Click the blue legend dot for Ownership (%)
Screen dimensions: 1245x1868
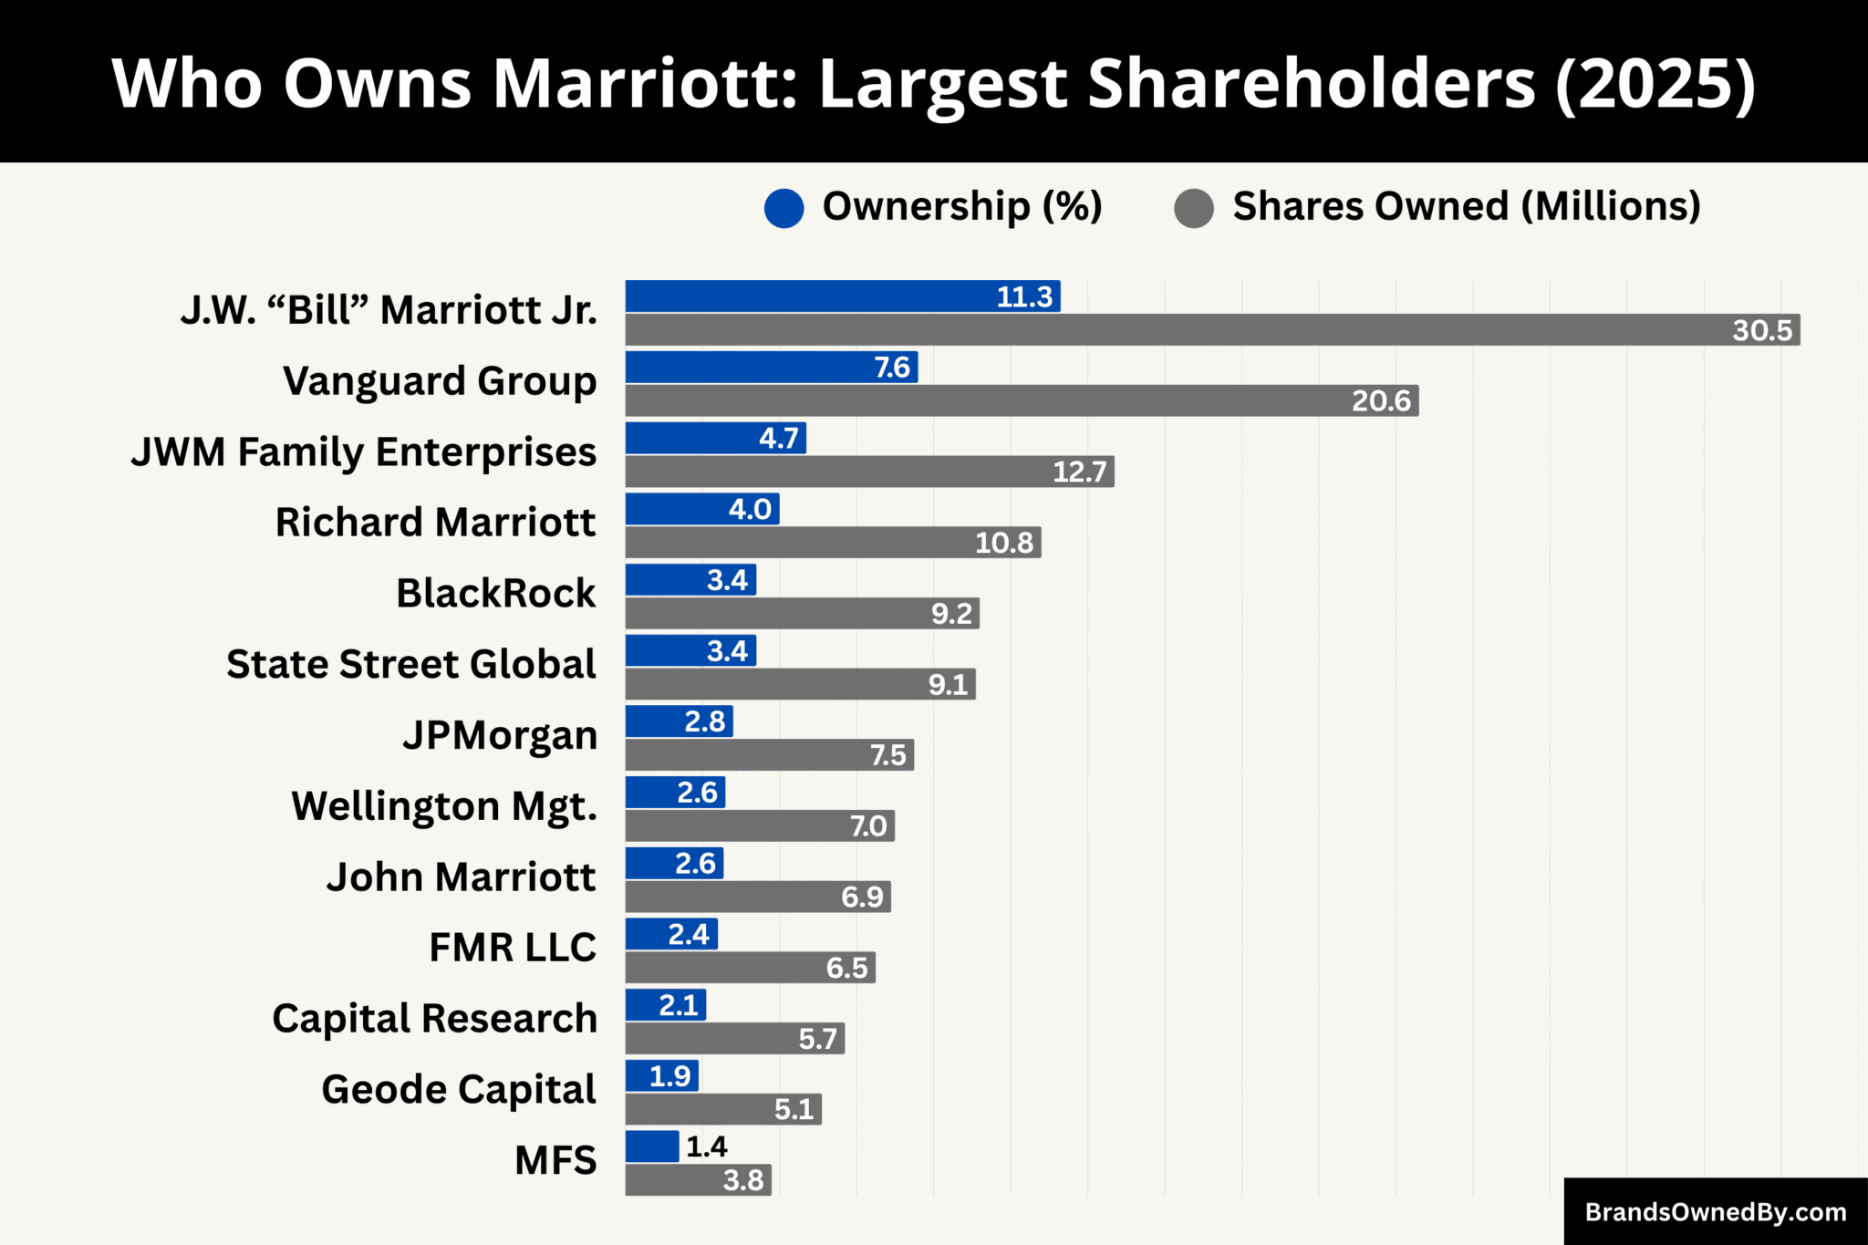784,208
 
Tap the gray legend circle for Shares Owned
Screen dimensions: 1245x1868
1194,208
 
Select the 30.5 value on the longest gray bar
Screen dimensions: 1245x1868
1761,330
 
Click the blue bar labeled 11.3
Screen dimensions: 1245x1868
842,296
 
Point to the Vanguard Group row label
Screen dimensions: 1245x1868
440,381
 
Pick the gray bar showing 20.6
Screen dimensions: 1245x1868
1022,400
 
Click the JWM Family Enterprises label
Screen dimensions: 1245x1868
363,452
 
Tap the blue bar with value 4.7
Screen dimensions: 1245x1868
715,438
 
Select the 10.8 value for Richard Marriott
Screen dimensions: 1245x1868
1003,543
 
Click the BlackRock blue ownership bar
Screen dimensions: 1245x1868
690,580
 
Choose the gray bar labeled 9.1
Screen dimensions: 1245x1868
800,684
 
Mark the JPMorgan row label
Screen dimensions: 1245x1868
500,735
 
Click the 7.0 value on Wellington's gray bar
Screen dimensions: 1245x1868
867,826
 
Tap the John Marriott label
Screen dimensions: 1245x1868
461,877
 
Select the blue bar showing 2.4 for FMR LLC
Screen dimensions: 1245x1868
671,934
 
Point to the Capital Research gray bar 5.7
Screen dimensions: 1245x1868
734,1039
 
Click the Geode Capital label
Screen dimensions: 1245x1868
458,1090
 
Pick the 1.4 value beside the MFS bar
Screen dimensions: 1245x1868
706,1146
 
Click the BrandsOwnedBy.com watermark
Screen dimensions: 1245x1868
1715,1212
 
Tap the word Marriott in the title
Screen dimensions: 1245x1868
646,84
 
